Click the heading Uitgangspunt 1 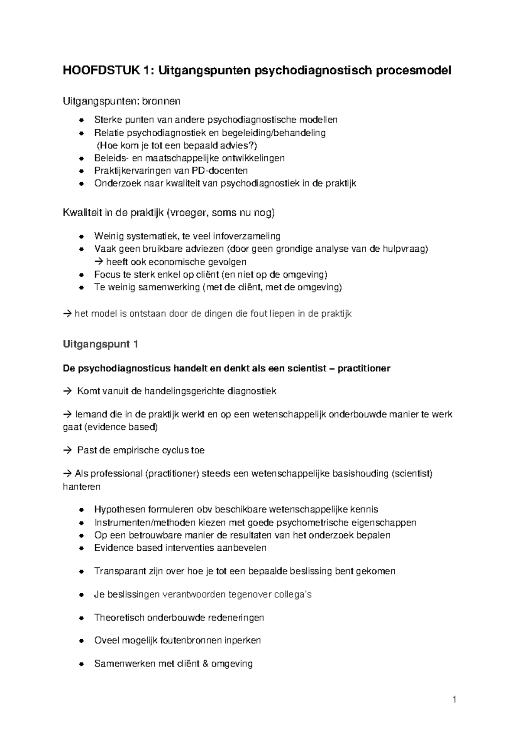tap(101, 345)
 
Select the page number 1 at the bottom tap(454, 699)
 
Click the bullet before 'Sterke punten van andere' tap(81, 120)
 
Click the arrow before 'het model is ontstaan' tap(67, 314)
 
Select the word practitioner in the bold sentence tap(364, 368)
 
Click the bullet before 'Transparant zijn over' tap(81, 572)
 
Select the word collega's tap(293, 595)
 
